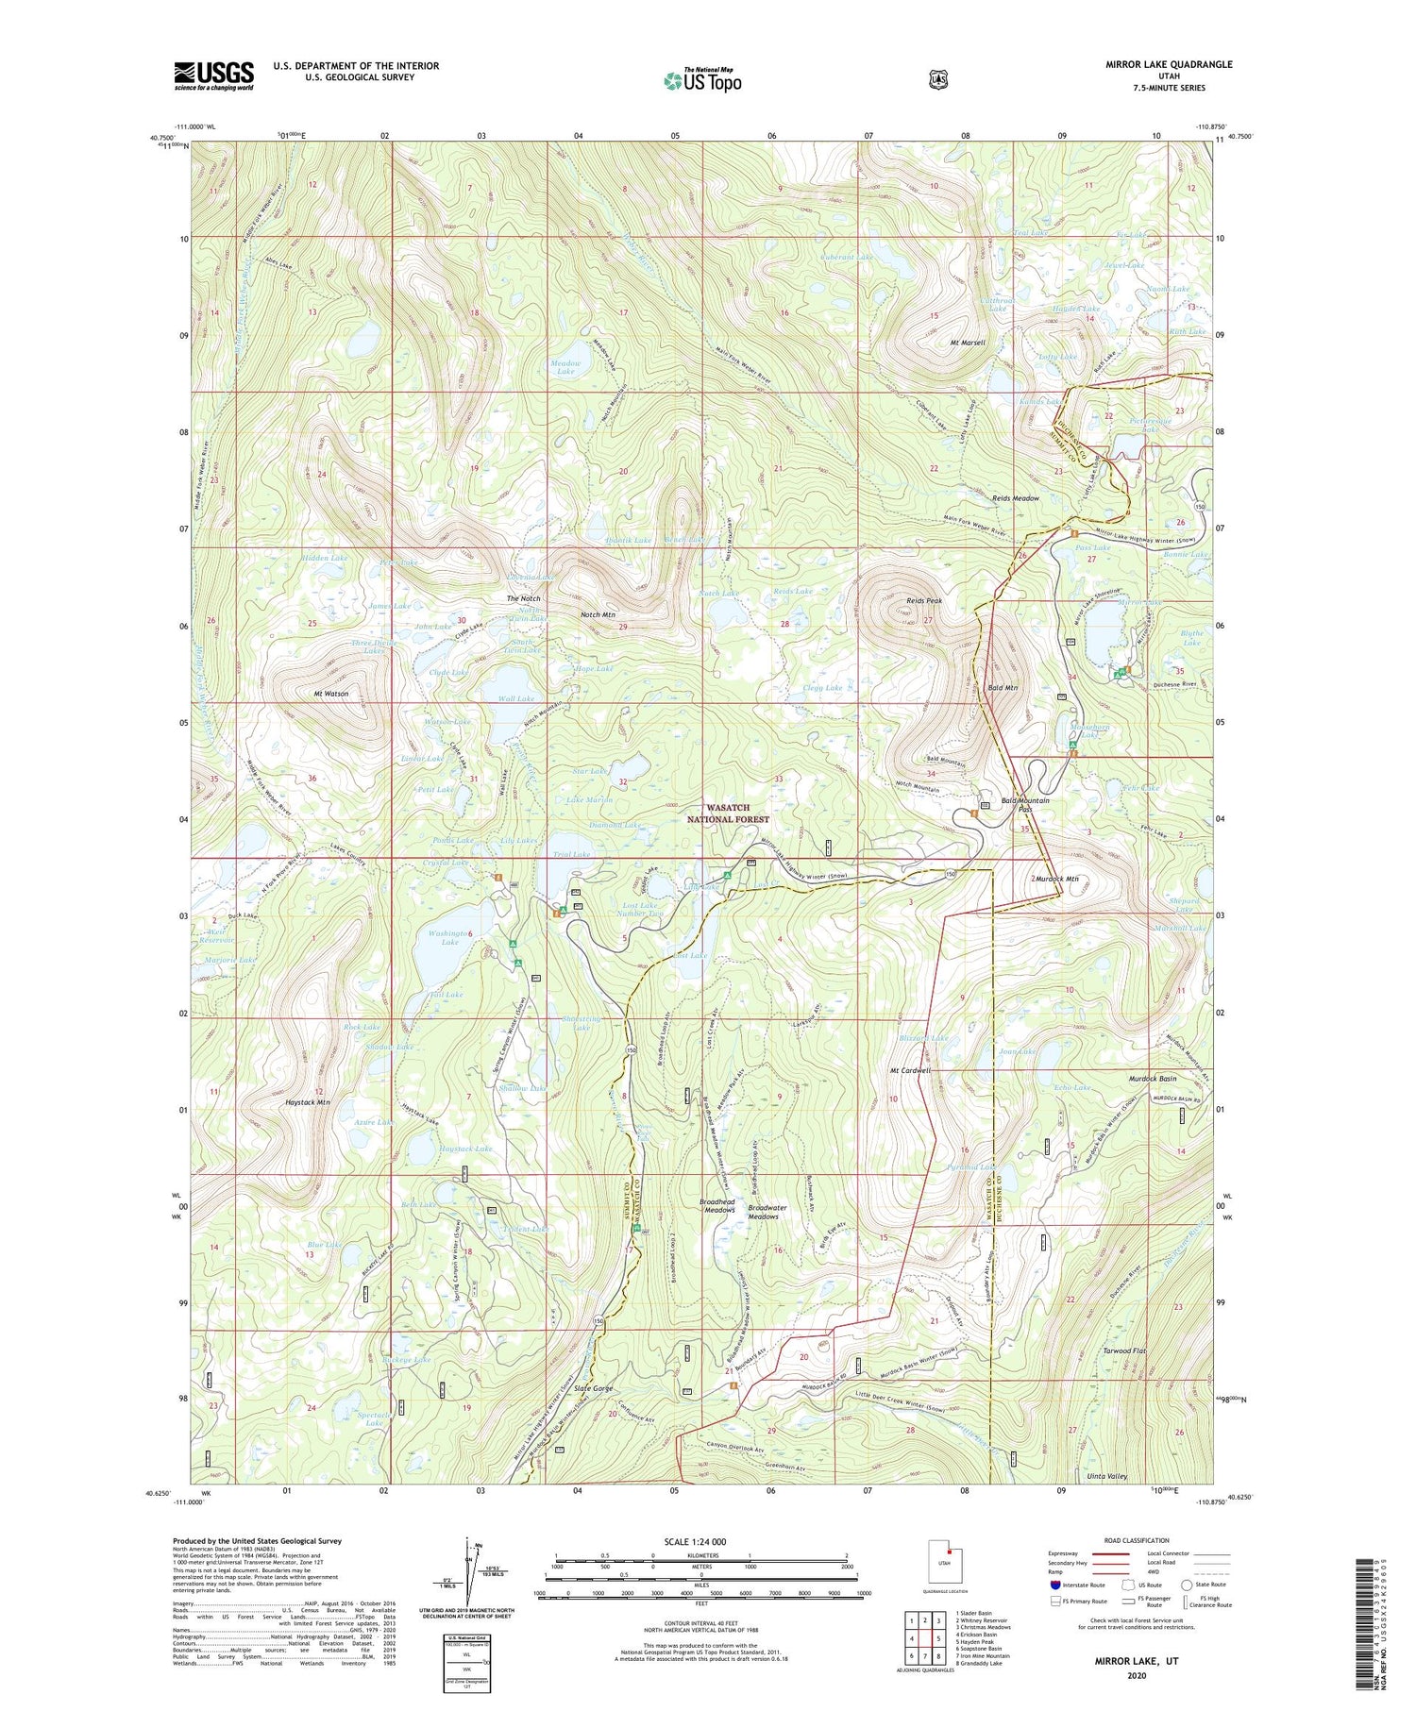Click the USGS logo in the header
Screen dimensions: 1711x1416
[213, 75]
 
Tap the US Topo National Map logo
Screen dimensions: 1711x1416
[702, 80]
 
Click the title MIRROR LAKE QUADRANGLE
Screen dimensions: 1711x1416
[1169, 64]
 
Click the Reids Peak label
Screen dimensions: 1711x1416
[924, 600]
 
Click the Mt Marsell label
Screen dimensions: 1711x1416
[968, 343]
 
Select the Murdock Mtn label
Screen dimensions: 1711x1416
[1056, 879]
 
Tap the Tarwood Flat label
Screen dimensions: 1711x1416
[1124, 1351]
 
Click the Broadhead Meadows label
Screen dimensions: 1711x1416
[716, 1207]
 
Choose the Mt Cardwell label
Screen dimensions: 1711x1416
[910, 1071]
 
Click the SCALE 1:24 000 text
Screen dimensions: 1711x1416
[701, 1542]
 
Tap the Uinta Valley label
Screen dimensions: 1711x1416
[1104, 1476]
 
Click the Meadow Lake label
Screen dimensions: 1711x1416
[565, 367]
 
